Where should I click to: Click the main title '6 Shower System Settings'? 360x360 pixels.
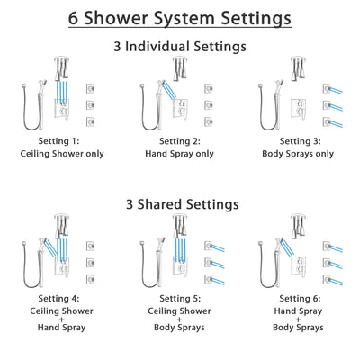click(x=180, y=18)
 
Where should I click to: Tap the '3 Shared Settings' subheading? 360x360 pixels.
click(x=180, y=204)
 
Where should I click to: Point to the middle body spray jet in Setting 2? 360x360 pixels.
click(x=208, y=104)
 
